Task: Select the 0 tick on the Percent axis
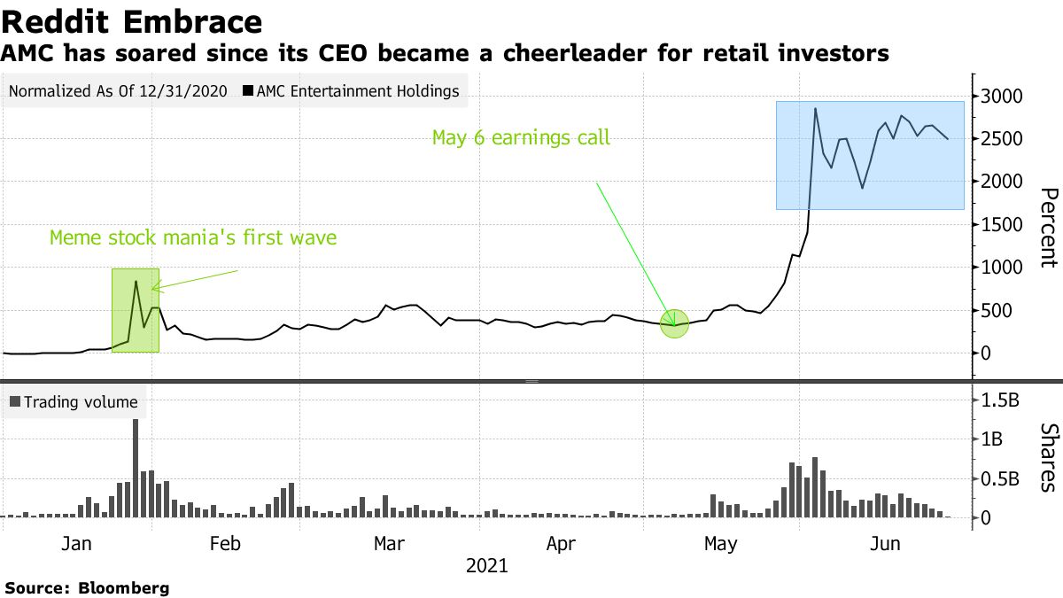pyautogui.click(x=984, y=353)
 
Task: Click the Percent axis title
pyautogui.click(x=1047, y=228)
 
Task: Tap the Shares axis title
pyautogui.click(x=1047, y=456)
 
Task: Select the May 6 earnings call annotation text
pyautogui.click(x=520, y=137)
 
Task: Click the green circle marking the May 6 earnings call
pyautogui.click(x=675, y=323)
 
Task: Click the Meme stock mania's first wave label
pyautogui.click(x=192, y=238)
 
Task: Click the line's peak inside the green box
pyautogui.click(x=136, y=282)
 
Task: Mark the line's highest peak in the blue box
pyautogui.click(x=815, y=109)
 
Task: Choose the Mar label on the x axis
pyautogui.click(x=389, y=543)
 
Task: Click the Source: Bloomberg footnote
pyautogui.click(x=87, y=587)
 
